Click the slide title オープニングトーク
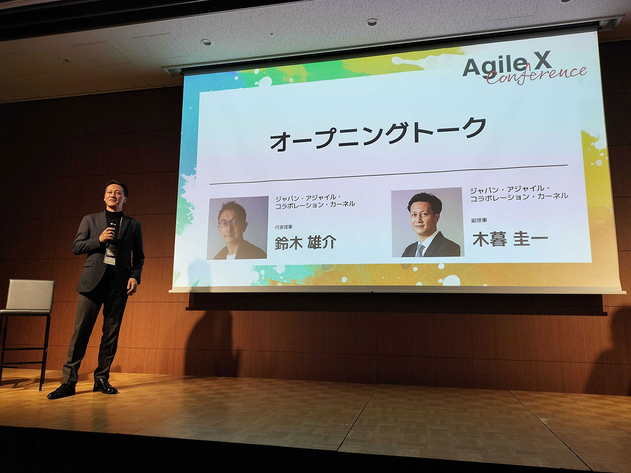[378, 134]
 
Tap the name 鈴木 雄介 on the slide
[305, 243]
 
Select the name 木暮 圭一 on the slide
[510, 239]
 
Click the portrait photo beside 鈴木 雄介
[238, 228]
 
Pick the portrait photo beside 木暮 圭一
[428, 223]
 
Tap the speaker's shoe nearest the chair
[62, 390]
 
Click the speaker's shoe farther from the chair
[105, 386]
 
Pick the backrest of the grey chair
[30, 294]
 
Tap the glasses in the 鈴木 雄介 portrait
[229, 223]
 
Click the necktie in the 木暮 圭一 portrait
[420, 250]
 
